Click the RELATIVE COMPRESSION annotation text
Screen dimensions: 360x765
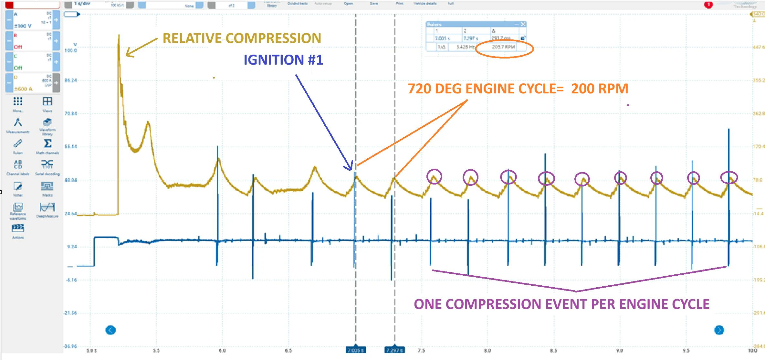(x=242, y=38)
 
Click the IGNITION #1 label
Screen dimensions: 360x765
(x=283, y=60)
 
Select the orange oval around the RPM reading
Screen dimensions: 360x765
(x=504, y=48)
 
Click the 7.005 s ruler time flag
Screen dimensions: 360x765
(x=355, y=350)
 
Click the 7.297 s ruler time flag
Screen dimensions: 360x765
(x=394, y=350)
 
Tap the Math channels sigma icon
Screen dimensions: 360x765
(x=47, y=144)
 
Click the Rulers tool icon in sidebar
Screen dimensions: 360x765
(x=18, y=144)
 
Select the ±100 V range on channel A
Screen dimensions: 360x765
(x=23, y=26)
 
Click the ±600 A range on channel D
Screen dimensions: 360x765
(x=23, y=89)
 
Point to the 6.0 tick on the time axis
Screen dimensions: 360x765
(x=222, y=351)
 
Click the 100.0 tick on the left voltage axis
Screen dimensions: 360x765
(x=71, y=51)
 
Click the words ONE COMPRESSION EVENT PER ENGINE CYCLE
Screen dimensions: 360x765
(x=561, y=304)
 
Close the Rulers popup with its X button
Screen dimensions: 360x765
(x=523, y=24)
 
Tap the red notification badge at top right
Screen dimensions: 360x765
(x=708, y=5)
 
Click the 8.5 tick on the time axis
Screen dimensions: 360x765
(x=553, y=351)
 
